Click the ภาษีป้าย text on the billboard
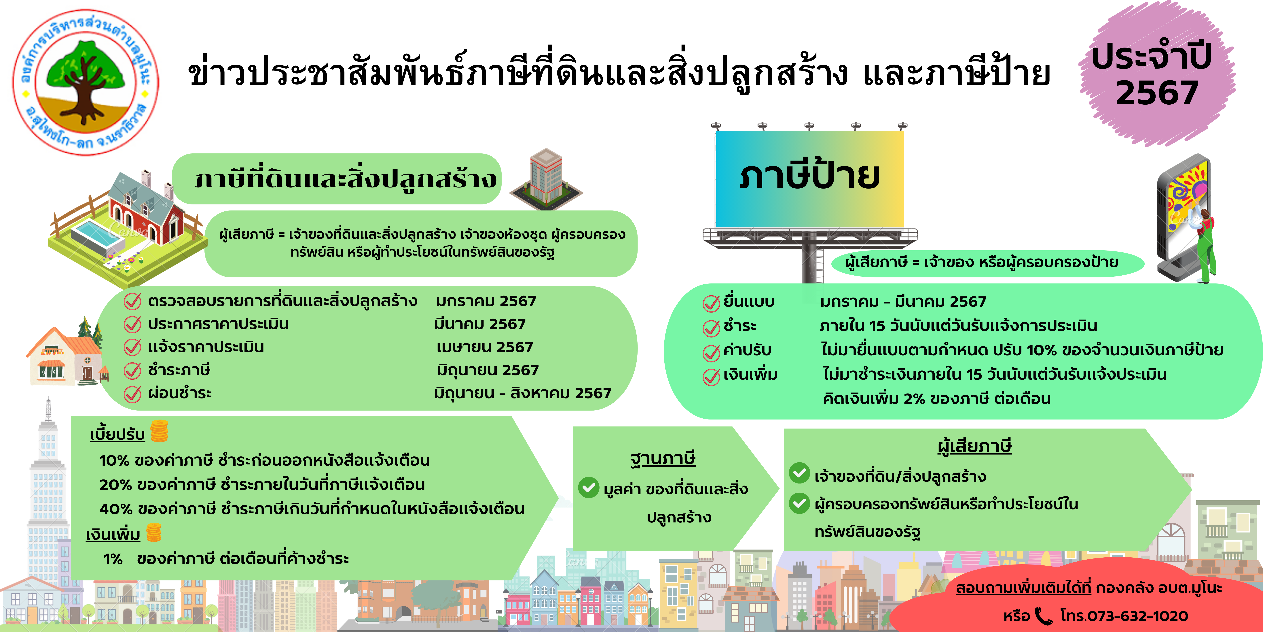coord(810,176)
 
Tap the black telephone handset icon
coord(1043,616)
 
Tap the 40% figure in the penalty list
coord(116,509)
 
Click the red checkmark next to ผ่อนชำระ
coord(132,394)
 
